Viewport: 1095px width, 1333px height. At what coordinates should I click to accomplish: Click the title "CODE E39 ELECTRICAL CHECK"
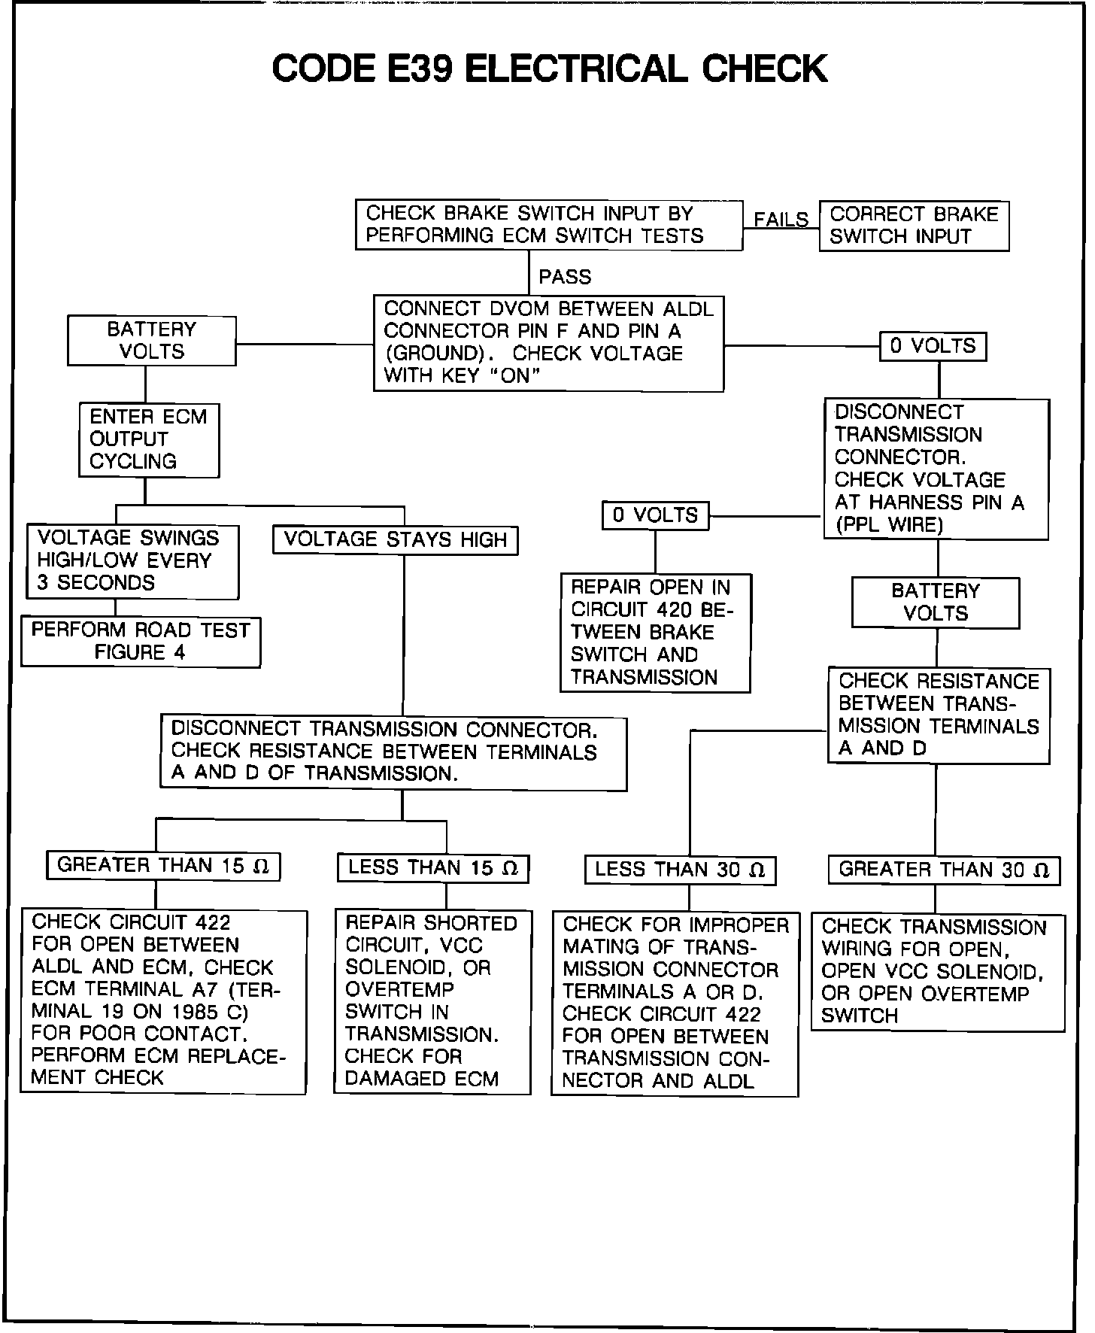[x=549, y=69]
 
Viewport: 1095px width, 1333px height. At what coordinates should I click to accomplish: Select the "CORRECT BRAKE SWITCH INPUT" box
[x=914, y=226]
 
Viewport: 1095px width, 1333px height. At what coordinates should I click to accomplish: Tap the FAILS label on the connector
[x=781, y=220]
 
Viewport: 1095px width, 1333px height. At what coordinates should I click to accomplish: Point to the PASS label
[x=565, y=278]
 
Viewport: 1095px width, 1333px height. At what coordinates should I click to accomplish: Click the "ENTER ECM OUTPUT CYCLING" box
[x=149, y=439]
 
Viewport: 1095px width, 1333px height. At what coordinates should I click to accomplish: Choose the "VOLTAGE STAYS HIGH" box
[x=395, y=540]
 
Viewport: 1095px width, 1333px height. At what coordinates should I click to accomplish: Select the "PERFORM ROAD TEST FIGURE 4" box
[x=141, y=642]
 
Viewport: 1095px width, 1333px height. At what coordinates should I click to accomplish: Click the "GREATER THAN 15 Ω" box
[x=163, y=866]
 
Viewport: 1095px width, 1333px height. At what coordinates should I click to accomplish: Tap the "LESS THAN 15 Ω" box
[x=432, y=868]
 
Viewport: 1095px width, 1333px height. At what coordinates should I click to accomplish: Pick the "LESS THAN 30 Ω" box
[x=680, y=870]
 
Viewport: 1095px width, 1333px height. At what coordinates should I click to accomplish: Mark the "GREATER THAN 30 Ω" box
[x=944, y=870]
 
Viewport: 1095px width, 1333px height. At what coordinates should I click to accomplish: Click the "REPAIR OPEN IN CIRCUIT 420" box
[x=655, y=633]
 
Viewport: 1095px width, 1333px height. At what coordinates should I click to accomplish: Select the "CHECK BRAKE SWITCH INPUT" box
[x=549, y=225]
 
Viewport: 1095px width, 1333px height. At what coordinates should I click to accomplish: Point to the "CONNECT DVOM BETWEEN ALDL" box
[x=548, y=343]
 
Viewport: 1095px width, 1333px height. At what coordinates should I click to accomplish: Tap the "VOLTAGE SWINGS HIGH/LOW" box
[x=132, y=561]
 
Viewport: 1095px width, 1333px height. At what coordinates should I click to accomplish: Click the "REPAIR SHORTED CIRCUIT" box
[x=432, y=1001]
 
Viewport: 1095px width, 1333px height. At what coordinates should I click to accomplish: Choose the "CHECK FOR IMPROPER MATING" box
[x=675, y=1004]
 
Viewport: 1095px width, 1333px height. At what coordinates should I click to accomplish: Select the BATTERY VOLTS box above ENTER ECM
[x=152, y=341]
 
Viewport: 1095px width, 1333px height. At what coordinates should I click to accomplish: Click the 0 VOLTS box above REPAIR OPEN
[x=655, y=516]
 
